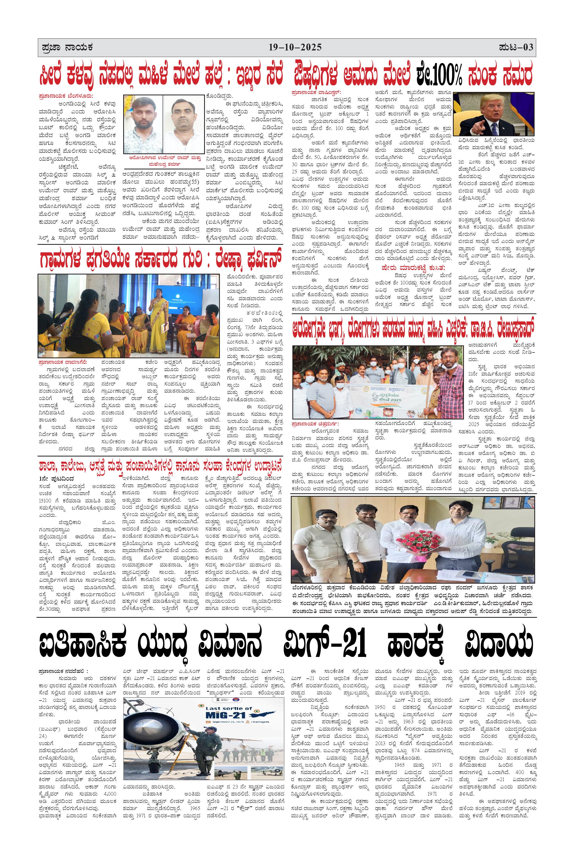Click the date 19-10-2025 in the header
tap(295, 48)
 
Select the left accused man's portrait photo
tap(143, 123)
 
